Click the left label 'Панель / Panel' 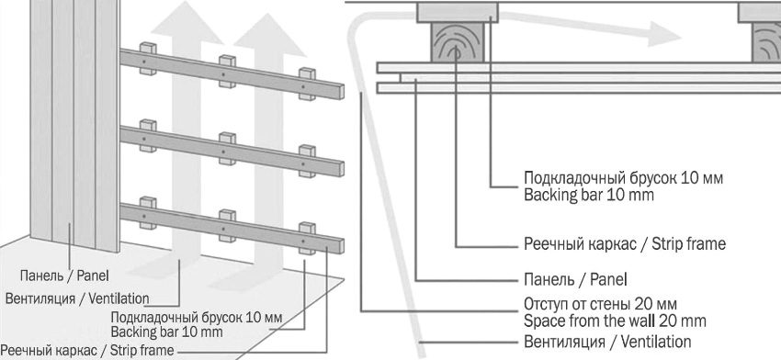click(64, 276)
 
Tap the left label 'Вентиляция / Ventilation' click(77, 298)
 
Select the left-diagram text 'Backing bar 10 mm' click(166, 332)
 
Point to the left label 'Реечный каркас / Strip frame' click(87, 350)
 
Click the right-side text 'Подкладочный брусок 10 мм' click(623, 178)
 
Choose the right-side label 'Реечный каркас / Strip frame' click(625, 244)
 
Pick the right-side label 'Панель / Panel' click(575, 279)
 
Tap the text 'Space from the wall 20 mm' click(615, 321)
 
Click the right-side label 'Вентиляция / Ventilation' click(607, 342)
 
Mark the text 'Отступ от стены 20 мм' click(600, 304)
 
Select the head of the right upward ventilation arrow click(270, 34)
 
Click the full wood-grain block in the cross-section click(458, 42)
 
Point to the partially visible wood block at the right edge click(766, 42)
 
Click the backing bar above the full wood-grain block click(458, 13)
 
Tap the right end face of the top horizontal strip click(341, 92)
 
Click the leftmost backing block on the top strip click(148, 58)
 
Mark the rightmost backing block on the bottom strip click(307, 239)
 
